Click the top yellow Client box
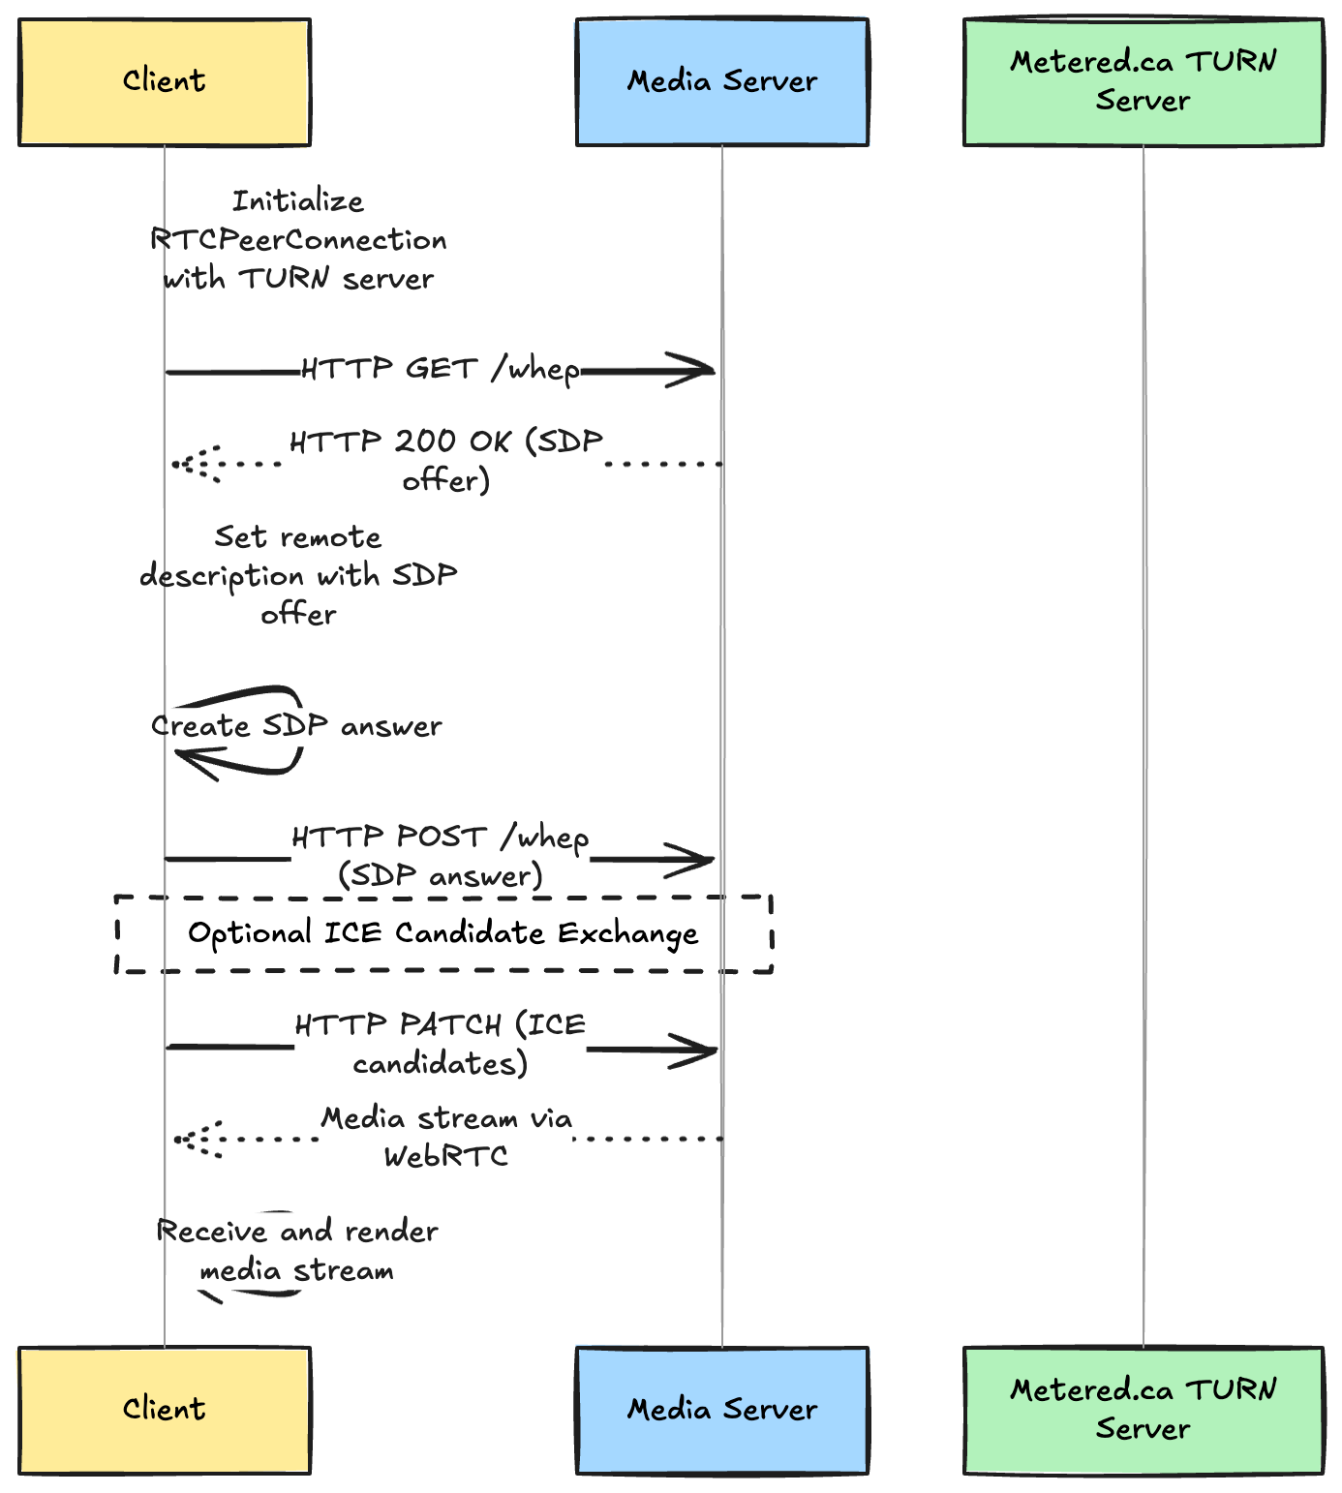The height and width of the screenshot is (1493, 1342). tap(164, 82)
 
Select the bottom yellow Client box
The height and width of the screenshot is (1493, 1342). tap(164, 1410)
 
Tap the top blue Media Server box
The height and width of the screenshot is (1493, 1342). tap(721, 82)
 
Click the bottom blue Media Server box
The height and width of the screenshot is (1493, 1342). tap(721, 1410)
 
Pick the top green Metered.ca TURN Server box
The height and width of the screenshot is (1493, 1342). tap(1143, 82)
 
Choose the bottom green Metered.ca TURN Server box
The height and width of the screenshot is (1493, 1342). tap(1143, 1410)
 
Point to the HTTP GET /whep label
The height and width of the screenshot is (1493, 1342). tap(441, 369)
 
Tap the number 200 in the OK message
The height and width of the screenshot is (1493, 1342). tap(425, 442)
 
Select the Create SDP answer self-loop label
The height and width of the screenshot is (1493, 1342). tap(296, 726)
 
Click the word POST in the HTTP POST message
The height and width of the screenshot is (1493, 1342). tap(442, 837)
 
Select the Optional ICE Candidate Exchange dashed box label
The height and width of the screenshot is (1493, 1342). tap(442, 933)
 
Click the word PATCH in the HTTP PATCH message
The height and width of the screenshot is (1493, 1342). tap(450, 1024)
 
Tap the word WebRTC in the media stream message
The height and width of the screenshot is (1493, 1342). tap(445, 1156)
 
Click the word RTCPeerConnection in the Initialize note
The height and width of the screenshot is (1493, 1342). tap(298, 240)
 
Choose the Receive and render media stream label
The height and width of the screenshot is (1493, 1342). tap(296, 1251)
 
